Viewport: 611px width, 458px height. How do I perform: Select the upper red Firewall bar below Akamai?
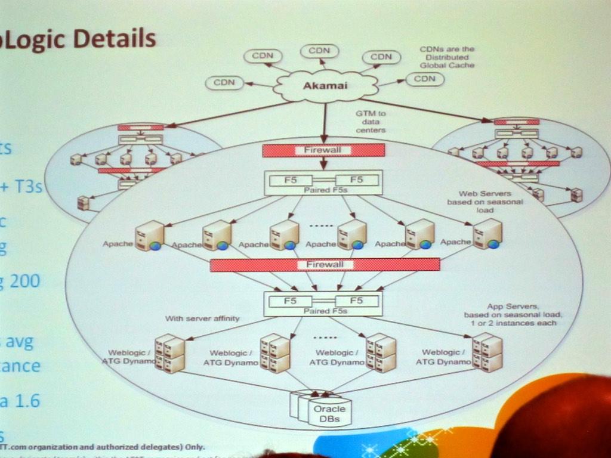(323, 150)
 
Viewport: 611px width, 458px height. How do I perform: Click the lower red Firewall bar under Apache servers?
(325, 265)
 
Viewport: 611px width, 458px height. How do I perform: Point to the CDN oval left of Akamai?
(224, 82)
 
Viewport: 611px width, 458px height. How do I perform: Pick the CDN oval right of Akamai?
(425, 79)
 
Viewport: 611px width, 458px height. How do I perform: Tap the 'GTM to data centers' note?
(371, 121)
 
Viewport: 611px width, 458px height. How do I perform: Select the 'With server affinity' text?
(202, 318)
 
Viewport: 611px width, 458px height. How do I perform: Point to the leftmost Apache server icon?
(150, 236)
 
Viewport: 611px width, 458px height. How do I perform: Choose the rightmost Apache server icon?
(488, 234)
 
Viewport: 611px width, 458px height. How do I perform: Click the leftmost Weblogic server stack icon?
(169, 353)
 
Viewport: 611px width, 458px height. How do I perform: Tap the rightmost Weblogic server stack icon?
(487, 352)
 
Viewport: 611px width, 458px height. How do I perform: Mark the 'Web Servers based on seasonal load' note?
(485, 202)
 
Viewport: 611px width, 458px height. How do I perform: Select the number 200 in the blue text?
(25, 281)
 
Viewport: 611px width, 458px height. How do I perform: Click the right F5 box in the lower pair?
(356, 301)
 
